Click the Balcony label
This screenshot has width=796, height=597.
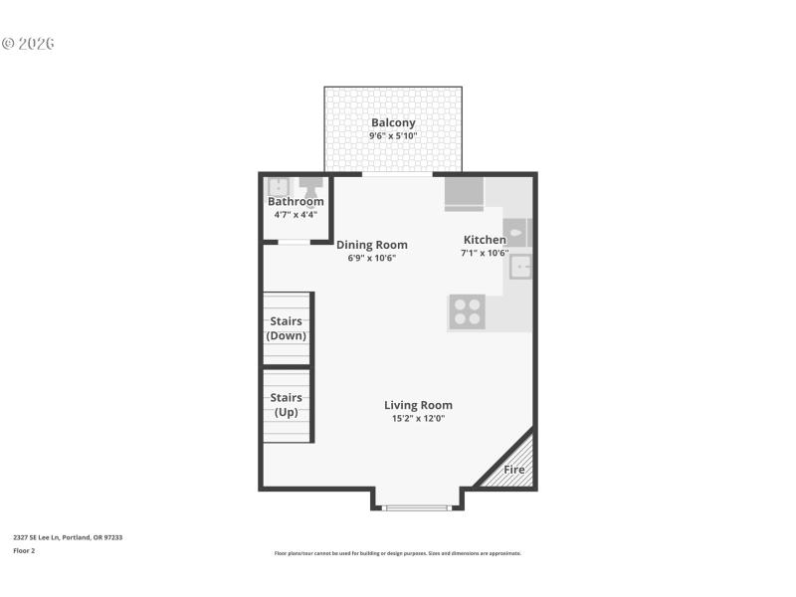coord(393,122)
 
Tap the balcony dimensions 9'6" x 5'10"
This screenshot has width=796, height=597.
coord(393,135)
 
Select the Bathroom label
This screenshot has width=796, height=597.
coord(296,201)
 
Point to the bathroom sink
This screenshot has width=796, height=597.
coord(280,186)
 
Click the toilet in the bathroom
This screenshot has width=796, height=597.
coord(311,186)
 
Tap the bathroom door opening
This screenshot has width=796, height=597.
coord(294,242)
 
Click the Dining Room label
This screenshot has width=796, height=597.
coord(371,245)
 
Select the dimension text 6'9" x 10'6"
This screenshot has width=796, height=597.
coord(371,258)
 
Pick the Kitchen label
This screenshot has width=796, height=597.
coord(485,240)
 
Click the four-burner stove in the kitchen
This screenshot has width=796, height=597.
coord(466,312)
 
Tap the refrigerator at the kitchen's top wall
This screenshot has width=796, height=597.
coord(464,192)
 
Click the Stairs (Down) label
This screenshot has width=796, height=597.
coord(287,328)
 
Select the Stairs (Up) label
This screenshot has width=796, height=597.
coord(287,404)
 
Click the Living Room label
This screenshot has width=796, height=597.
coord(418,405)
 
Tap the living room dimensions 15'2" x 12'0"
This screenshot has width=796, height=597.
coord(418,419)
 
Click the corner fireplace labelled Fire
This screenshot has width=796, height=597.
coord(514,468)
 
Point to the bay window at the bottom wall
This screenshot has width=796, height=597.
coord(417,507)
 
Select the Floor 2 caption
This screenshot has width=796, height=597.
coord(24,550)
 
